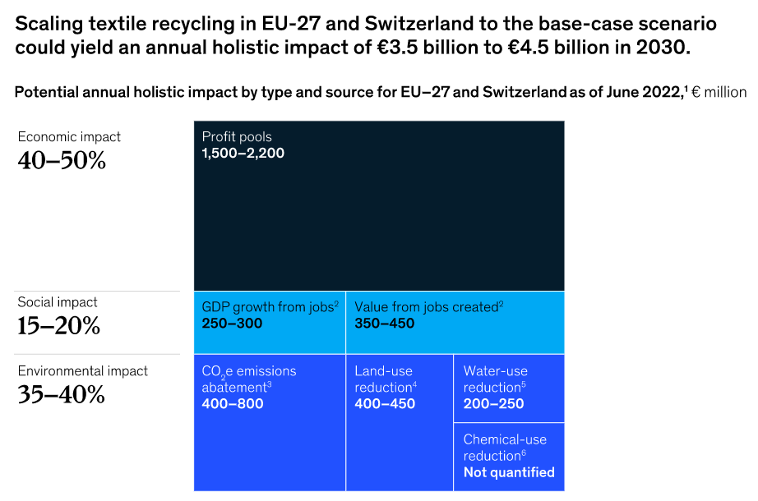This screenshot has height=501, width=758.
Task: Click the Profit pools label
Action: coord(237,136)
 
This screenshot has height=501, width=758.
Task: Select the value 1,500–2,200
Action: coord(243,153)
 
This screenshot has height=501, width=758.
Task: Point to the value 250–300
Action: coord(232,324)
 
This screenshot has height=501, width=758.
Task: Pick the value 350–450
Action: coord(385,324)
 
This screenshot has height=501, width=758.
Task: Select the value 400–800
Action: coord(232,404)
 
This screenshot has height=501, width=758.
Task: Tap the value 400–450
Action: coord(385,404)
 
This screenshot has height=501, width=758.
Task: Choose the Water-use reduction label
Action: coord(495,379)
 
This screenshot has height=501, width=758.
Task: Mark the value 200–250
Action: coord(493,404)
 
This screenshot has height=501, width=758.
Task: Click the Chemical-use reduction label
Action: coord(505,448)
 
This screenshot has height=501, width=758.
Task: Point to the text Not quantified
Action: coord(509,472)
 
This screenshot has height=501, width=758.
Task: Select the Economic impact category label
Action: coord(69,137)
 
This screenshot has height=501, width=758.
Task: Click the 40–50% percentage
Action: coord(62,161)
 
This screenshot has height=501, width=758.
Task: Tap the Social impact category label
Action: coord(58,302)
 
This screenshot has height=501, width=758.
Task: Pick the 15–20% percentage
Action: coord(59,326)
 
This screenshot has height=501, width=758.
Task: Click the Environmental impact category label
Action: coord(83,371)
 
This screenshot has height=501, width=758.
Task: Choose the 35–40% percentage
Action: coord(62,395)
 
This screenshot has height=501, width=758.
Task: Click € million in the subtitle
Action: coord(720,92)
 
